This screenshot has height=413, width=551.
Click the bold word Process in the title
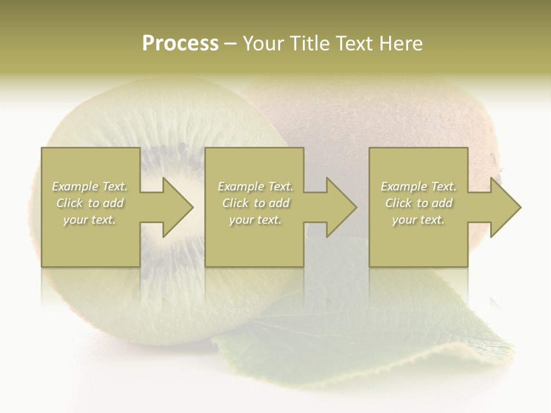click(180, 44)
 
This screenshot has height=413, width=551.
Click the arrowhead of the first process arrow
click(177, 207)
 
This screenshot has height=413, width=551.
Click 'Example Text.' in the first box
click(90, 186)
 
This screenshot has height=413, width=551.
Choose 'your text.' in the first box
click(90, 220)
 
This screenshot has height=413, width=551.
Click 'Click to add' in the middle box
click(255, 203)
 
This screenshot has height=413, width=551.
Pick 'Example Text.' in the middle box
click(255, 186)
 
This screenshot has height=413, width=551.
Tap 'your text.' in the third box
click(418, 220)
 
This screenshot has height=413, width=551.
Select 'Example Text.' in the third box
click(418, 186)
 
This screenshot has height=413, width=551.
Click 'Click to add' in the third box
click(418, 203)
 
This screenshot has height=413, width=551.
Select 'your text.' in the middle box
click(255, 220)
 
